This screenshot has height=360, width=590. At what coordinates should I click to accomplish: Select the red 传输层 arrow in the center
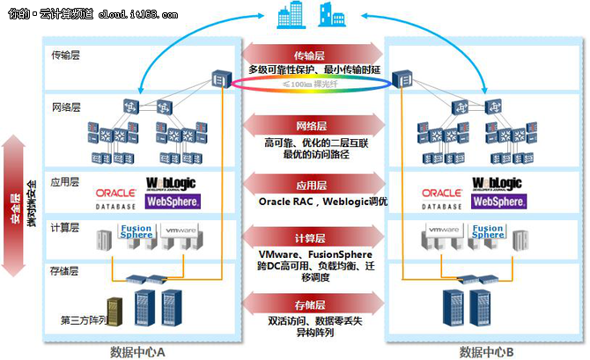pos(316,55)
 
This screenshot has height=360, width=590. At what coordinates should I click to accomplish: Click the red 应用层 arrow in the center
pos(316,186)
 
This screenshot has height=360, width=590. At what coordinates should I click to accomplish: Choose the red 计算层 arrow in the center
pos(316,238)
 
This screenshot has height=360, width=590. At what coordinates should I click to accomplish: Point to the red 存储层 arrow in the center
pos(316,305)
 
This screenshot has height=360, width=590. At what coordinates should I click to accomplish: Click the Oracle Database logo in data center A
pos(116,197)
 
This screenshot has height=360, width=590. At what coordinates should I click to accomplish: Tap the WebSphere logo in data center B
pos(498,201)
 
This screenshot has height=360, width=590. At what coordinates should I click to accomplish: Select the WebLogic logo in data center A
pos(173,187)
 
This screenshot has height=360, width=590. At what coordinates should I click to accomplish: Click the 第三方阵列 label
pos(84,320)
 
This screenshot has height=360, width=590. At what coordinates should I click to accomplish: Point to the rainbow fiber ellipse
pos(315,84)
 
